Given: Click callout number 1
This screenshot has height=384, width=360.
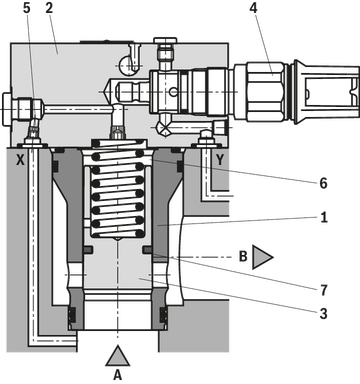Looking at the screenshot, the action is (323, 218).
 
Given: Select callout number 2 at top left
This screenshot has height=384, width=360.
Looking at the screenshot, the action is (49, 8).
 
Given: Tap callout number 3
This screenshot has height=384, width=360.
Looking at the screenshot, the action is (323, 313).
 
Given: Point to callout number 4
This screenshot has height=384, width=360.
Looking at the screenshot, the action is (253, 8).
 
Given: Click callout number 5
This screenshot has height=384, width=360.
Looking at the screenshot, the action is (27, 8).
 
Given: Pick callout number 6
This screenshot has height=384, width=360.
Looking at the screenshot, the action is (323, 183).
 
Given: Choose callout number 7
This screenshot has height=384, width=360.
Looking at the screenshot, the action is (323, 290).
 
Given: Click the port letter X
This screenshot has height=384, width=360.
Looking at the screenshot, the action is (21, 160).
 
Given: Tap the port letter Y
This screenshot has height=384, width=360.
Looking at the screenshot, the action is (220, 160).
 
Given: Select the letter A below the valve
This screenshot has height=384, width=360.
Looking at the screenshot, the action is (117, 375).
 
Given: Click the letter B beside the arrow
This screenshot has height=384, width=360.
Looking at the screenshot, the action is (243, 256).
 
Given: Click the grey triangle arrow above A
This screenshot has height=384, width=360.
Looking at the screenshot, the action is (117, 356).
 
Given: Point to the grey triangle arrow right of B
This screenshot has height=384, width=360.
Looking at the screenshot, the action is (263, 257).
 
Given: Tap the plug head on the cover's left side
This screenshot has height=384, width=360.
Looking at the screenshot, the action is (7, 109).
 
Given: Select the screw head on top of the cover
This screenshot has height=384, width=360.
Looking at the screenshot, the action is (165, 40).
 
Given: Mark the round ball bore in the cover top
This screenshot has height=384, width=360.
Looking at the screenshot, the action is (127, 65).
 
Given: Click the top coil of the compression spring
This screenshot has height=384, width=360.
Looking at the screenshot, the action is (119, 144).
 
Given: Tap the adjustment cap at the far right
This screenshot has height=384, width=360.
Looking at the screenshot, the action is (327, 92).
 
